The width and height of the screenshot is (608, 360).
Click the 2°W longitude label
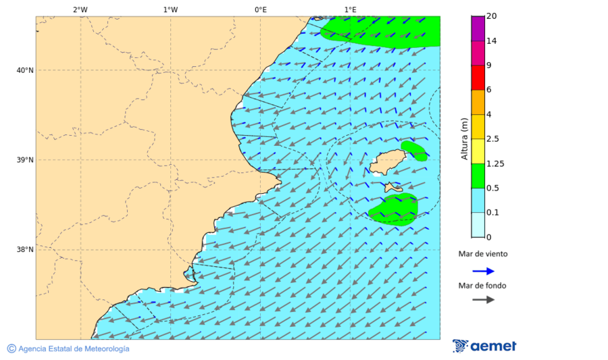(x=80, y=9)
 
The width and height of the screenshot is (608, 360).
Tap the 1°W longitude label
(x=170, y=9)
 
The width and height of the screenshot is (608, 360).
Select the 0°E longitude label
(x=260, y=9)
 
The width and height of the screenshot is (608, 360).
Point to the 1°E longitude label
(x=350, y=9)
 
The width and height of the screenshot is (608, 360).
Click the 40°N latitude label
(x=24, y=70)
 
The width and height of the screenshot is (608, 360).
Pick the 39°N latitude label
(x=24, y=160)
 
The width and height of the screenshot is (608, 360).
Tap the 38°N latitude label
(x=24, y=250)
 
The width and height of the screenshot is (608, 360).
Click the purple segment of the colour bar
(x=478, y=28)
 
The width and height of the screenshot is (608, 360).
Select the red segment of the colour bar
(x=478, y=78)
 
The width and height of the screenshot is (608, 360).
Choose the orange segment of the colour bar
(x=478, y=102)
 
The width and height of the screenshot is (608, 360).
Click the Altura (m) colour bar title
(x=464, y=138)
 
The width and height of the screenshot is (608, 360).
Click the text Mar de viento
(x=482, y=255)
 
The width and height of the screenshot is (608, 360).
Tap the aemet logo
(x=484, y=346)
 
